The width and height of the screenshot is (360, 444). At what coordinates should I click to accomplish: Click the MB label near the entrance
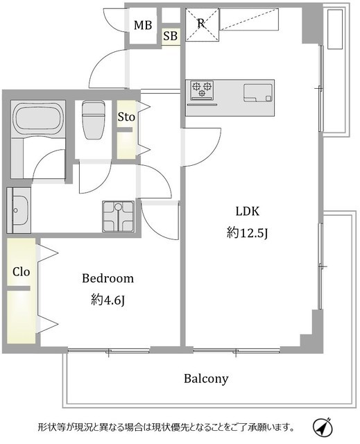pyautogui.click(x=143, y=25)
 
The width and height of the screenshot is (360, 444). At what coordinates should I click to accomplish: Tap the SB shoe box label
pyautogui.click(x=171, y=36)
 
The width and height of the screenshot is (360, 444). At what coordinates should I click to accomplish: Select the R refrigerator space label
pyautogui.click(x=201, y=24)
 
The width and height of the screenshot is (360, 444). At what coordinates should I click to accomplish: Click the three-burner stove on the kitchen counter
pyautogui.click(x=202, y=90)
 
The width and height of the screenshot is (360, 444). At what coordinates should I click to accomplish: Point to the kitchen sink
pyautogui.click(x=258, y=92)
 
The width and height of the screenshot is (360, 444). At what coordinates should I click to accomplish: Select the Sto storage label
pyautogui.click(x=126, y=117)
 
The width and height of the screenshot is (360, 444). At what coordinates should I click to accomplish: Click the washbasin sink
pyautogui.click(x=19, y=210)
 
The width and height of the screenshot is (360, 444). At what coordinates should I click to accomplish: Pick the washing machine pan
pyautogui.click(x=119, y=216)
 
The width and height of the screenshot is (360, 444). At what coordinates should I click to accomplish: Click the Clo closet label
pyautogui.click(x=22, y=272)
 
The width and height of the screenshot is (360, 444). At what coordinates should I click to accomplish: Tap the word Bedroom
pyautogui.click(x=108, y=278)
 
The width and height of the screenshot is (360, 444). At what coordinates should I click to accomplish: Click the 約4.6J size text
pyautogui.click(x=108, y=300)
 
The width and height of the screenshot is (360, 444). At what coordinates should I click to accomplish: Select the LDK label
pyautogui.click(x=248, y=211)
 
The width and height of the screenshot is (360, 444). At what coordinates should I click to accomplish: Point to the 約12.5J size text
pyautogui.click(x=247, y=233)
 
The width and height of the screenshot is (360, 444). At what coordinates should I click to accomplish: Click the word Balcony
pyautogui.click(x=206, y=379)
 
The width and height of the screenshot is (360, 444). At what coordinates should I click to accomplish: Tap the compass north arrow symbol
pyautogui.click(x=323, y=426)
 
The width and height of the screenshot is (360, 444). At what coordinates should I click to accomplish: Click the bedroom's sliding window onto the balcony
pyautogui.click(x=109, y=351)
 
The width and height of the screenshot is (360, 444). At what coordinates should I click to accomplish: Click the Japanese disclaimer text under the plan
pyautogui.click(x=166, y=427)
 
